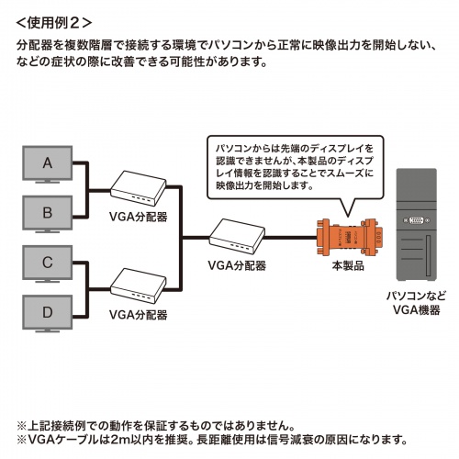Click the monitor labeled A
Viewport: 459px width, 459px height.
tap(48, 166)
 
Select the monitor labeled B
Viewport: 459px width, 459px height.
tap(48, 213)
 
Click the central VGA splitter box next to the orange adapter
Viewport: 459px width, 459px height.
tap(236, 237)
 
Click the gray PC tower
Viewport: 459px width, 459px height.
tap(414, 229)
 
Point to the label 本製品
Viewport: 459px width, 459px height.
tap(348, 266)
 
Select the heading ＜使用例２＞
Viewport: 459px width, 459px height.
tap(53, 19)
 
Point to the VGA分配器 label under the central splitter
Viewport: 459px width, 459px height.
tap(236, 266)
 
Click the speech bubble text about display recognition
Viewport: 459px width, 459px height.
tap(292, 166)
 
